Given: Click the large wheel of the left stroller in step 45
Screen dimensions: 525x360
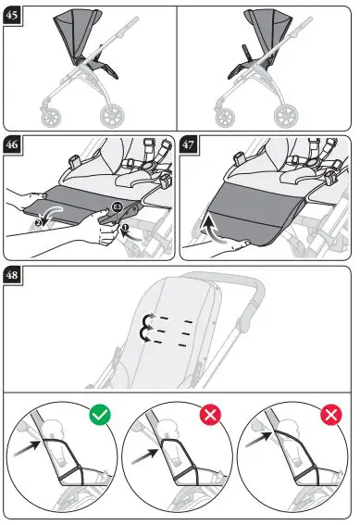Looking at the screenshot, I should coord(112,116).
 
